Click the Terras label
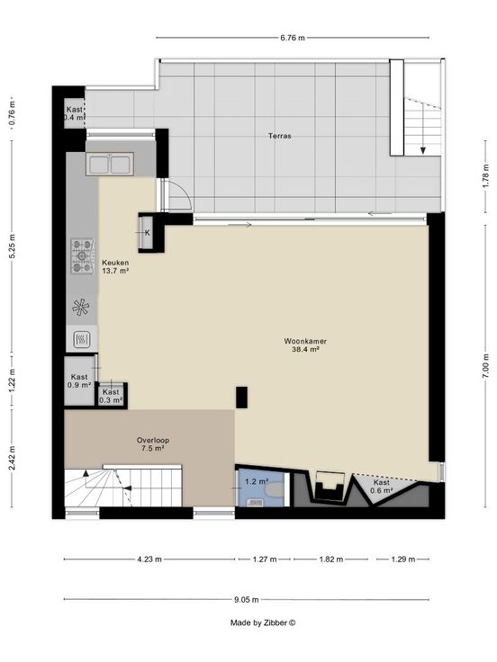tap(280, 136)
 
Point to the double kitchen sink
tap(110, 164)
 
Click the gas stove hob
tap(82, 255)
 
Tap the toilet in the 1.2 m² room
tap(273, 489)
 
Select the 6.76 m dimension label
tap(293, 38)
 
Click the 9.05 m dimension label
tap(246, 599)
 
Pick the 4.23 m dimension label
tap(149, 559)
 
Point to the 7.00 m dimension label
tap(485, 365)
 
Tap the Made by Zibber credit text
tap(263, 622)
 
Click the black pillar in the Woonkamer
tap(241, 398)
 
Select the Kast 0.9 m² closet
tap(79, 381)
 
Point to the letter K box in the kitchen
tap(146, 233)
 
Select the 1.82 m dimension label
tap(331, 559)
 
